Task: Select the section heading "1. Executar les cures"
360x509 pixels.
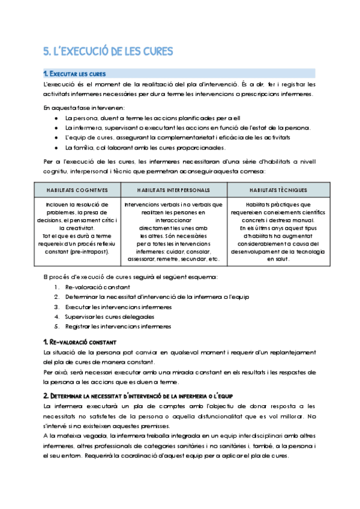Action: click(75, 74)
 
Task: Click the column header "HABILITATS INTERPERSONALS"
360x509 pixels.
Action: click(173, 190)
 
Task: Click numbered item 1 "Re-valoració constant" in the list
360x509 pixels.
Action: click(96, 288)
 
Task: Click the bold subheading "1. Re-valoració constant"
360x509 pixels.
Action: click(80, 342)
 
